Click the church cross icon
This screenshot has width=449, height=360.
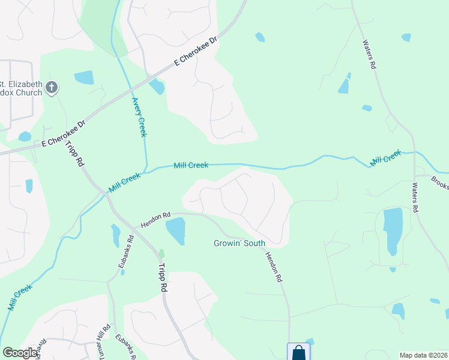(x=52, y=88)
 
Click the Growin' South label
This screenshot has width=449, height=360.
(x=238, y=244)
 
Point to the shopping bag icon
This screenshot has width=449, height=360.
(x=298, y=353)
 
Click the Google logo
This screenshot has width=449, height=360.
(x=20, y=353)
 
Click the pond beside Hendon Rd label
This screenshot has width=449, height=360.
(x=175, y=231)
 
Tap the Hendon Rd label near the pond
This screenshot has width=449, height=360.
(x=156, y=219)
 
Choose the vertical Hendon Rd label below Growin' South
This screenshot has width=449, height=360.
(x=274, y=267)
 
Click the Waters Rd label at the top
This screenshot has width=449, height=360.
(x=369, y=55)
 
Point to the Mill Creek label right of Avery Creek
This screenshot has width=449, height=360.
(x=191, y=165)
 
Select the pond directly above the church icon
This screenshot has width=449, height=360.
(x=84, y=77)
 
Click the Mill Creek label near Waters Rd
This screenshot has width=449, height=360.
(x=385, y=159)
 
